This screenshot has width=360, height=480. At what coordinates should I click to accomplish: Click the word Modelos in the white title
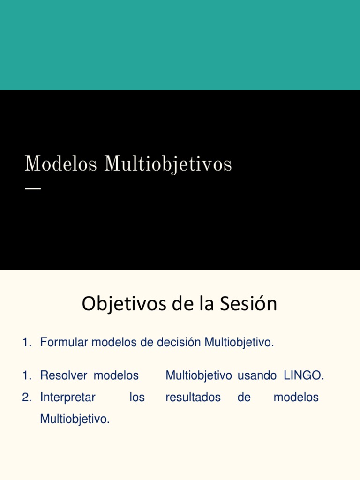click(61, 165)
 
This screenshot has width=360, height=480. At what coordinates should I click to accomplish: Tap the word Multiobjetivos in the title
click(168, 165)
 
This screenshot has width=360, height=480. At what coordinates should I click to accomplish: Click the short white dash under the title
click(32, 188)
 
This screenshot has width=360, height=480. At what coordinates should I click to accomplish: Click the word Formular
click(64, 343)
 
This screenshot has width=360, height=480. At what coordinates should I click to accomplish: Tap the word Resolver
click(64, 375)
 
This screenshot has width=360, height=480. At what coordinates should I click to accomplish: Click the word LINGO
click(304, 375)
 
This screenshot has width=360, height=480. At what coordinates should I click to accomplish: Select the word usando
click(257, 375)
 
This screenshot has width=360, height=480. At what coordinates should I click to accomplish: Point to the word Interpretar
click(68, 397)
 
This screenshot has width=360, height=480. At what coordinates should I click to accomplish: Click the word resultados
click(193, 397)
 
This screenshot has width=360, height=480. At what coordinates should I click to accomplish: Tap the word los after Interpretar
click(137, 397)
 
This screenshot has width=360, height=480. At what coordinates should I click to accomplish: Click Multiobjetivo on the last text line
click(75, 419)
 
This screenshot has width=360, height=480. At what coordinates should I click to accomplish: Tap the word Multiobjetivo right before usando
click(199, 375)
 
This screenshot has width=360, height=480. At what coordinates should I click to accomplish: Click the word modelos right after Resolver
click(116, 375)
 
